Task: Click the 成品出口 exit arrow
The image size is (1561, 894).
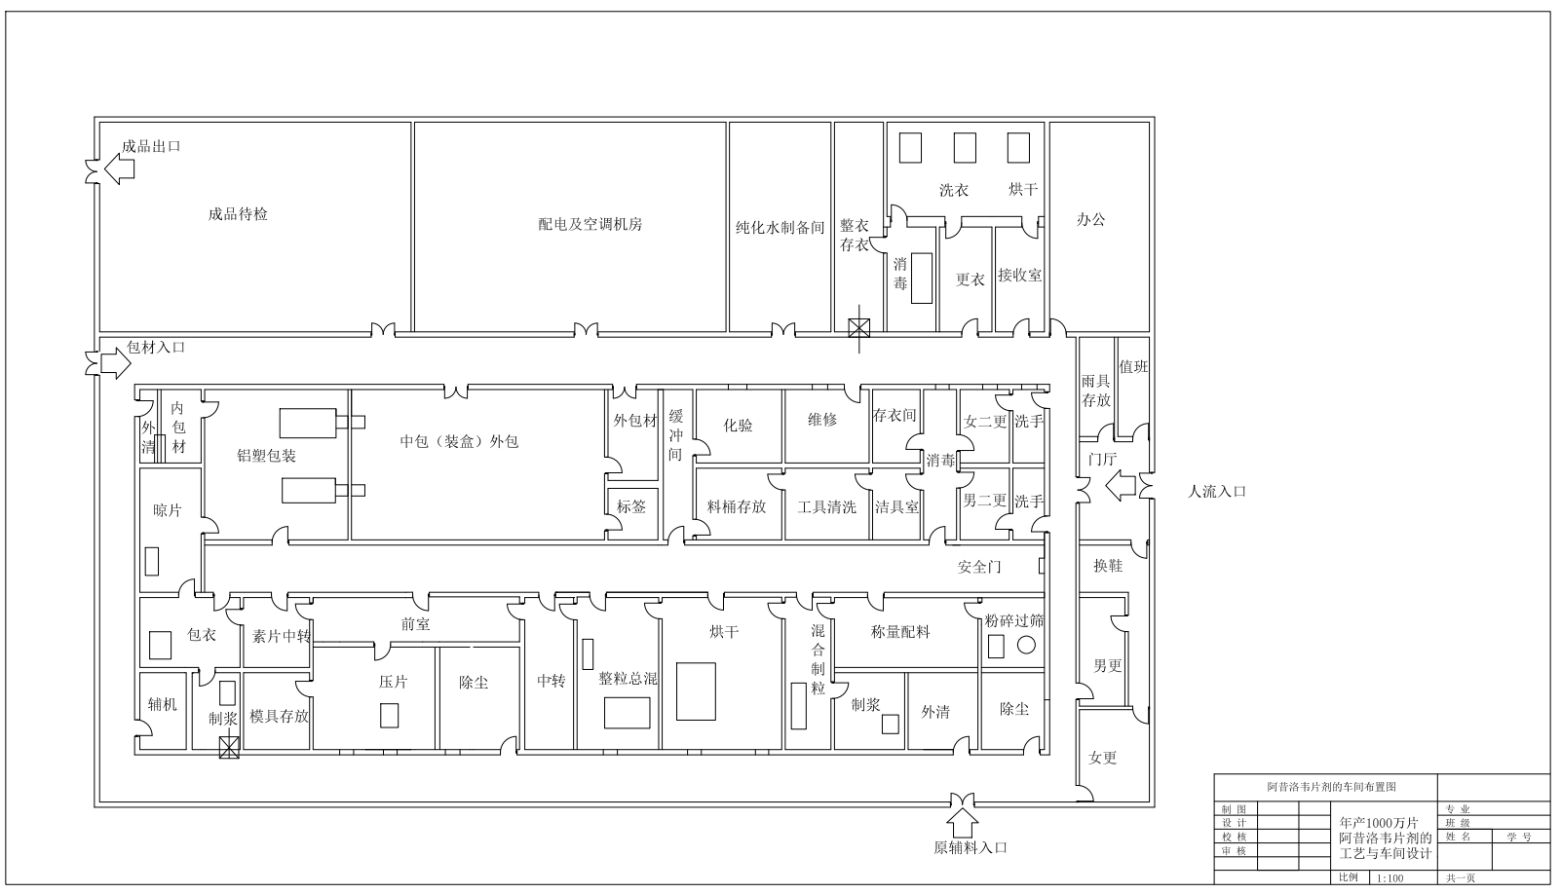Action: point(119,169)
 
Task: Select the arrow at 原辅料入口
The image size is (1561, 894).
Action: point(963,822)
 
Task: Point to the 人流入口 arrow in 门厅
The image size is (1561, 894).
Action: point(1122,485)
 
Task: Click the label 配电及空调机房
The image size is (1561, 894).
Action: point(590,224)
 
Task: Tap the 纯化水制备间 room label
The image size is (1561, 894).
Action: point(780,228)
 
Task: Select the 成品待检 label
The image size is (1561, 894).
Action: point(238,213)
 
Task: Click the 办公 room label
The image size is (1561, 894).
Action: point(1090,219)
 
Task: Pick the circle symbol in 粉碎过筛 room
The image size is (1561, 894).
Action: point(1026,646)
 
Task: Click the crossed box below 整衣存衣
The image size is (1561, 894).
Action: point(859,328)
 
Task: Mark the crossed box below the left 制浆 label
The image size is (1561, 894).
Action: point(229,748)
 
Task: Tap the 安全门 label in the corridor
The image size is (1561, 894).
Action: point(979,567)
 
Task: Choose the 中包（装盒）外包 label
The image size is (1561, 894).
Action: point(459,441)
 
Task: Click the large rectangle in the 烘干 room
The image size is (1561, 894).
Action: point(696,691)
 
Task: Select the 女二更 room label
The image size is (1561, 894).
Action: point(985,422)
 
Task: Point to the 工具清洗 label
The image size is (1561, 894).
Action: point(826,506)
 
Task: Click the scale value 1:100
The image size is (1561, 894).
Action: point(1390,878)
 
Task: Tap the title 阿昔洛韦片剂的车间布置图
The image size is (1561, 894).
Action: point(1332,787)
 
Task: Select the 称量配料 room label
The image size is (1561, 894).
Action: point(900,632)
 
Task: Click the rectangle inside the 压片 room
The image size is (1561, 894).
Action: point(389,716)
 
